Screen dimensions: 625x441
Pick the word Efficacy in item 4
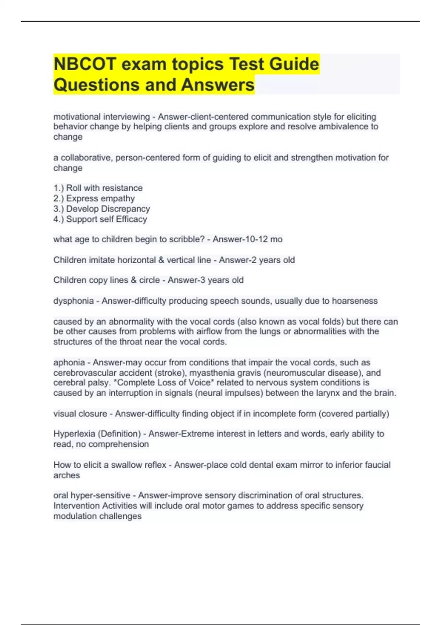(131, 219)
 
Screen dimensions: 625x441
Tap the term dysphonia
(73, 301)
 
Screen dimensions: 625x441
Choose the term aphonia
(69, 362)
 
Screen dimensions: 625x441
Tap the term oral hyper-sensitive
(92, 496)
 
